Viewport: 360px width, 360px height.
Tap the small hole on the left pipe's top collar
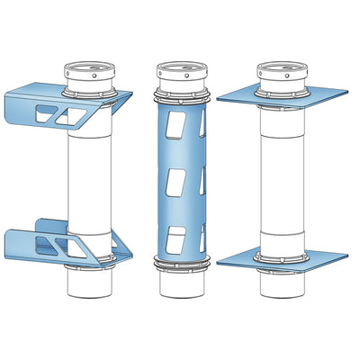(94, 76)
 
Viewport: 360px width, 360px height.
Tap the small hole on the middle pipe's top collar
(186, 76)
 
